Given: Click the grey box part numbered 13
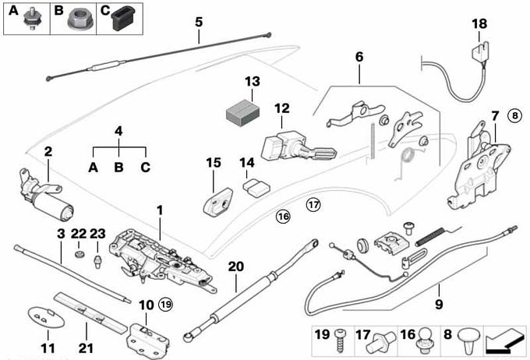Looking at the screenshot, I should (242, 113).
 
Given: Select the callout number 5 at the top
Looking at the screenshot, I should (199, 22).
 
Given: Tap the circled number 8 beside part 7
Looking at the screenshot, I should (514, 115).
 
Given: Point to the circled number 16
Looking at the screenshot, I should (282, 216).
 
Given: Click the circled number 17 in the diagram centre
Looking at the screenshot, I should (313, 206).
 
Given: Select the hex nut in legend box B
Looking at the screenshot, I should (76, 17).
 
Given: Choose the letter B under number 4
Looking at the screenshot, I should (118, 168).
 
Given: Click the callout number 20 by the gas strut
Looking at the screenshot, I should (236, 266).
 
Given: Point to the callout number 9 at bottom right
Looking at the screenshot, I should (439, 304).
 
